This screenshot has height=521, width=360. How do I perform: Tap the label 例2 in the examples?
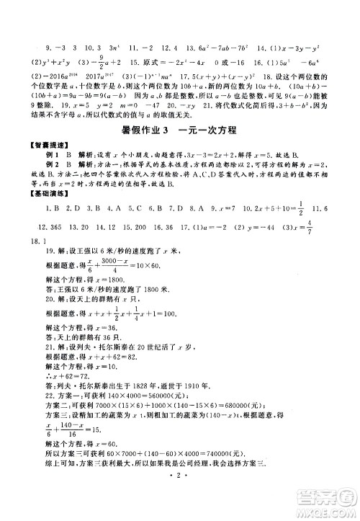(x=50, y=167)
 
